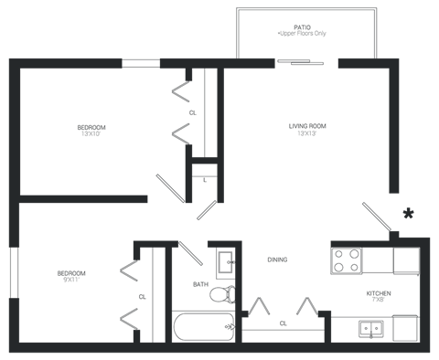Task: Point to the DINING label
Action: pyautogui.click(x=277, y=260)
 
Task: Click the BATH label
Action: pyautogui.click(x=198, y=284)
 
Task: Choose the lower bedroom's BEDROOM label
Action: pyautogui.click(x=72, y=275)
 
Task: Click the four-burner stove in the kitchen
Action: pyautogui.click(x=348, y=259)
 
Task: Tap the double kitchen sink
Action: pyautogui.click(x=370, y=328)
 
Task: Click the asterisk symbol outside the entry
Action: pyautogui.click(x=407, y=214)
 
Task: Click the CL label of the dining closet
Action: pyautogui.click(x=284, y=323)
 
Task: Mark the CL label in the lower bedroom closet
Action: pyautogui.click(x=143, y=297)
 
